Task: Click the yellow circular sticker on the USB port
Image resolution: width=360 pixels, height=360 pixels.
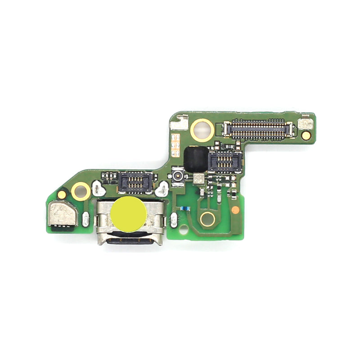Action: click(129, 214)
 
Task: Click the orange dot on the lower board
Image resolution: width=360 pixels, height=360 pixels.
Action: click(235, 209)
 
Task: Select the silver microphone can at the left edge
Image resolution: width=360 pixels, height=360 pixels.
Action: click(63, 214)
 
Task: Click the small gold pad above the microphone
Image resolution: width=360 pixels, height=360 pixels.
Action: click(62, 195)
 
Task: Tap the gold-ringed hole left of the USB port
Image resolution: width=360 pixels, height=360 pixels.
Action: click(81, 191)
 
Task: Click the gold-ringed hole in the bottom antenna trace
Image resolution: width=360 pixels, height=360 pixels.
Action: click(207, 219)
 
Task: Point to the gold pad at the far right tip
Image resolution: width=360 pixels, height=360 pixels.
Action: click(306, 135)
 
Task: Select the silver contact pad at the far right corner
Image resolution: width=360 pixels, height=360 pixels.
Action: click(306, 122)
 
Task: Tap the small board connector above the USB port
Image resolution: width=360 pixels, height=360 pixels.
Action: click(135, 181)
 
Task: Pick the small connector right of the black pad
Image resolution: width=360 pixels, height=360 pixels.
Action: click(225, 161)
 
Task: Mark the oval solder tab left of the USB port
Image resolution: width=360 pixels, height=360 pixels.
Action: click(85, 219)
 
